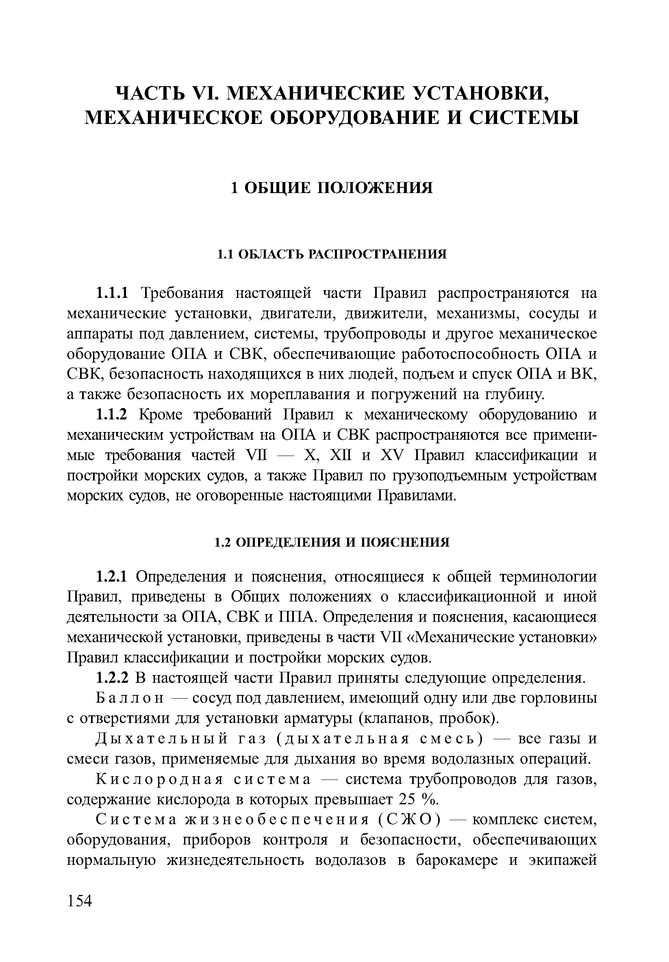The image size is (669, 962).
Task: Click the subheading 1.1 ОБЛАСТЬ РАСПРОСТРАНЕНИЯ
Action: coord(332,254)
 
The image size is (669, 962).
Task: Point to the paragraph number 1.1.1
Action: coord(113,293)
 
